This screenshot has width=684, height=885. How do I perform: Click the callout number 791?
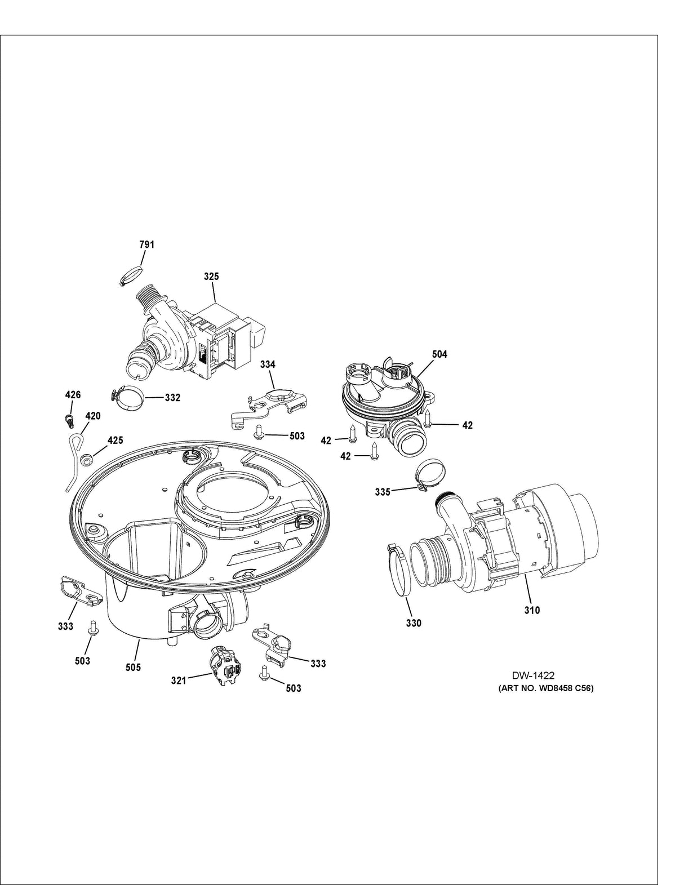(146, 244)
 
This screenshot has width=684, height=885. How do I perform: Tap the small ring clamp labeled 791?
(130, 276)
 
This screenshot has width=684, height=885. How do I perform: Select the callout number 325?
(212, 277)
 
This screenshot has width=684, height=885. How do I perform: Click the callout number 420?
(92, 416)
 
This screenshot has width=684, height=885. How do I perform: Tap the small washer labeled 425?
(87, 460)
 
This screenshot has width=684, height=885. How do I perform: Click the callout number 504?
(440, 354)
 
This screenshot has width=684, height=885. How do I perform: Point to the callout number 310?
(532, 610)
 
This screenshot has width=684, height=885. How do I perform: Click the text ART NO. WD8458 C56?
(546, 688)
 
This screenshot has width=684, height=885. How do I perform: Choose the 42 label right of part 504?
(467, 425)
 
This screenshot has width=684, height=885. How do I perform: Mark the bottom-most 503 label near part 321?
(293, 688)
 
